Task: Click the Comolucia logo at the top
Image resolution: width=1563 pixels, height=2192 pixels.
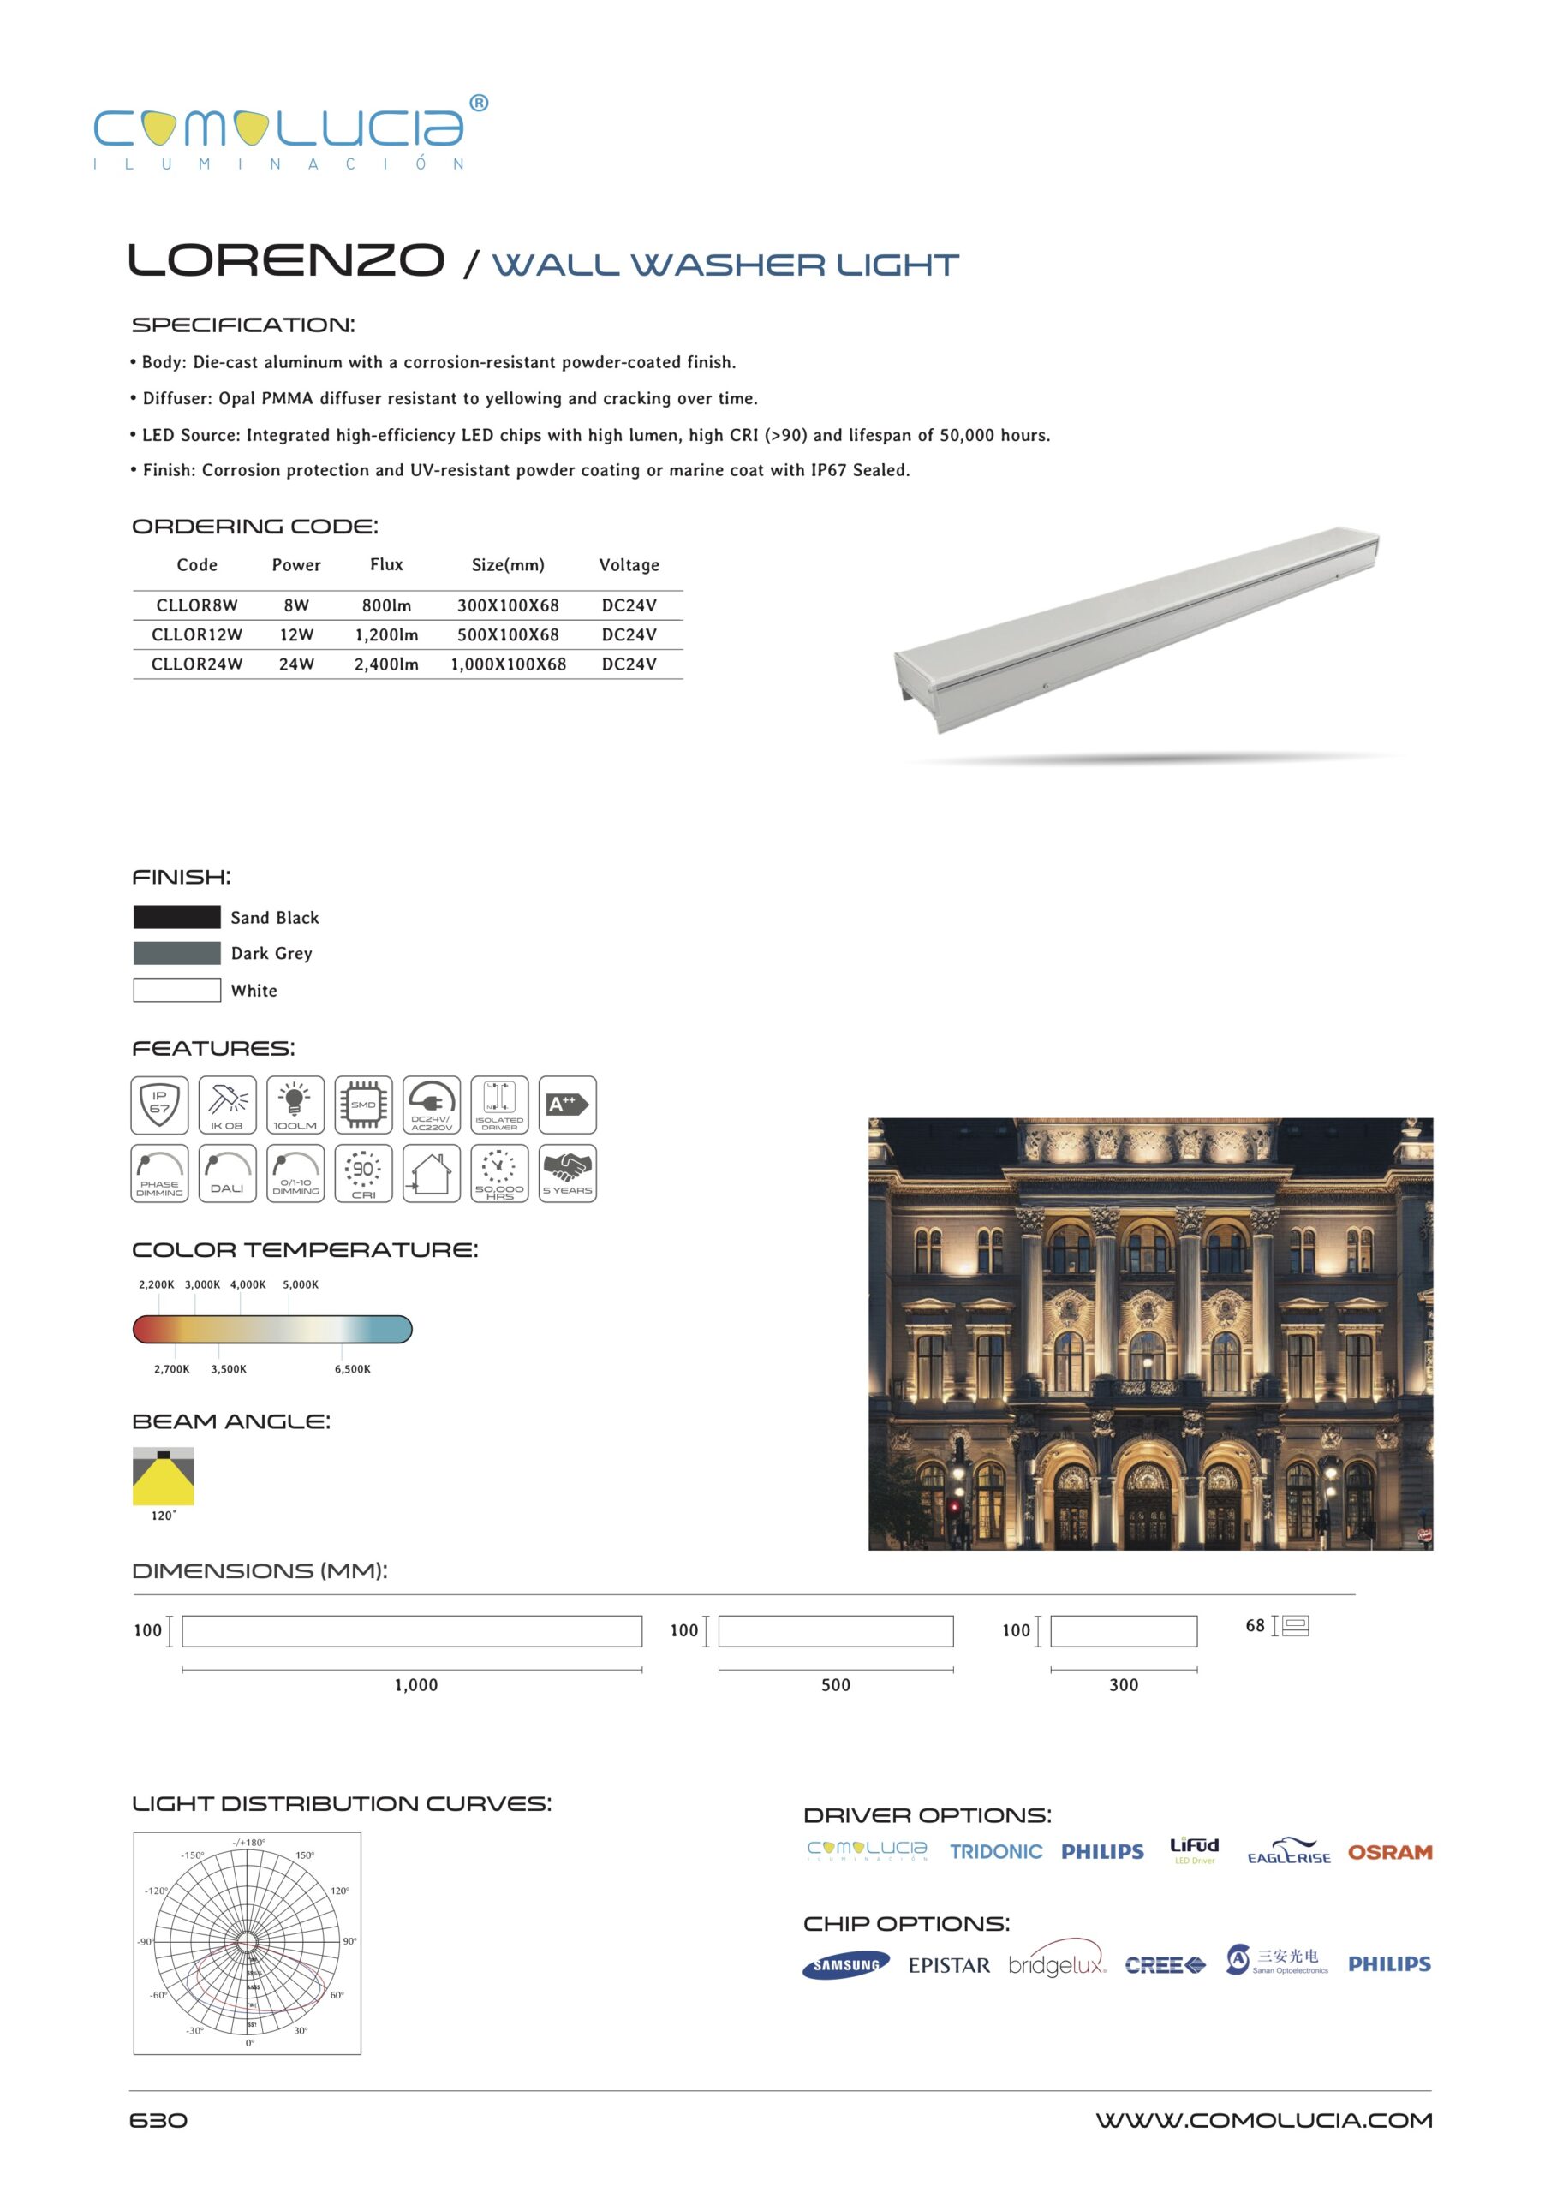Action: pos(289,133)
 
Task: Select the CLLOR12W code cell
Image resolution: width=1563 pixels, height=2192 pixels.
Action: pos(196,635)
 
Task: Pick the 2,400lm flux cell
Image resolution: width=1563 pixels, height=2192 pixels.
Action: pos(386,664)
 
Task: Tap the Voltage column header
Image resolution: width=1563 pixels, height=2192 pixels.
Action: pos(629,565)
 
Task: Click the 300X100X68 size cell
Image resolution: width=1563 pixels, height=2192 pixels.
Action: pos(507,605)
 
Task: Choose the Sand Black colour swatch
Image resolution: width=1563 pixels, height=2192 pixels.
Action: pos(177,917)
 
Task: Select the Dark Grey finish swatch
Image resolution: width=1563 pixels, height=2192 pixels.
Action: pos(177,953)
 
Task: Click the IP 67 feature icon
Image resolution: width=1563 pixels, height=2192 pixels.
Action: pos(160,1105)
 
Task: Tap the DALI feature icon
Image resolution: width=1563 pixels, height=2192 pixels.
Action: pos(227,1173)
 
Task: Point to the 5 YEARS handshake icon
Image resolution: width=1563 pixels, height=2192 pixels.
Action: pos(567,1173)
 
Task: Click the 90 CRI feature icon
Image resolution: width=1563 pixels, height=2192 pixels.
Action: pos(364,1173)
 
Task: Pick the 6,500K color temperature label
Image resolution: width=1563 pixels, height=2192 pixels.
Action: pos(352,1368)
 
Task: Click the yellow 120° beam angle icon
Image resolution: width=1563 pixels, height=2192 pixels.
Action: pos(164,1476)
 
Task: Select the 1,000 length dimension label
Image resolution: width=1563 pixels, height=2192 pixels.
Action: pos(415,1685)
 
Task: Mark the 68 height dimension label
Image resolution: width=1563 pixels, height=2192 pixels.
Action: pos(1255,1625)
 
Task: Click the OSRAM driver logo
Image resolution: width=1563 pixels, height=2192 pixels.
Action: pos(1389,1852)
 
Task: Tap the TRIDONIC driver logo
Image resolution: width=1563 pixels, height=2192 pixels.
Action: pos(996,1852)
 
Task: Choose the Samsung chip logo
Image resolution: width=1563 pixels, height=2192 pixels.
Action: pos(846,1965)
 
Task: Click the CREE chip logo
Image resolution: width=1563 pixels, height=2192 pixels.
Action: pos(1165,1965)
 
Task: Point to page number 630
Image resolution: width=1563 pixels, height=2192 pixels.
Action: pos(158,2121)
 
